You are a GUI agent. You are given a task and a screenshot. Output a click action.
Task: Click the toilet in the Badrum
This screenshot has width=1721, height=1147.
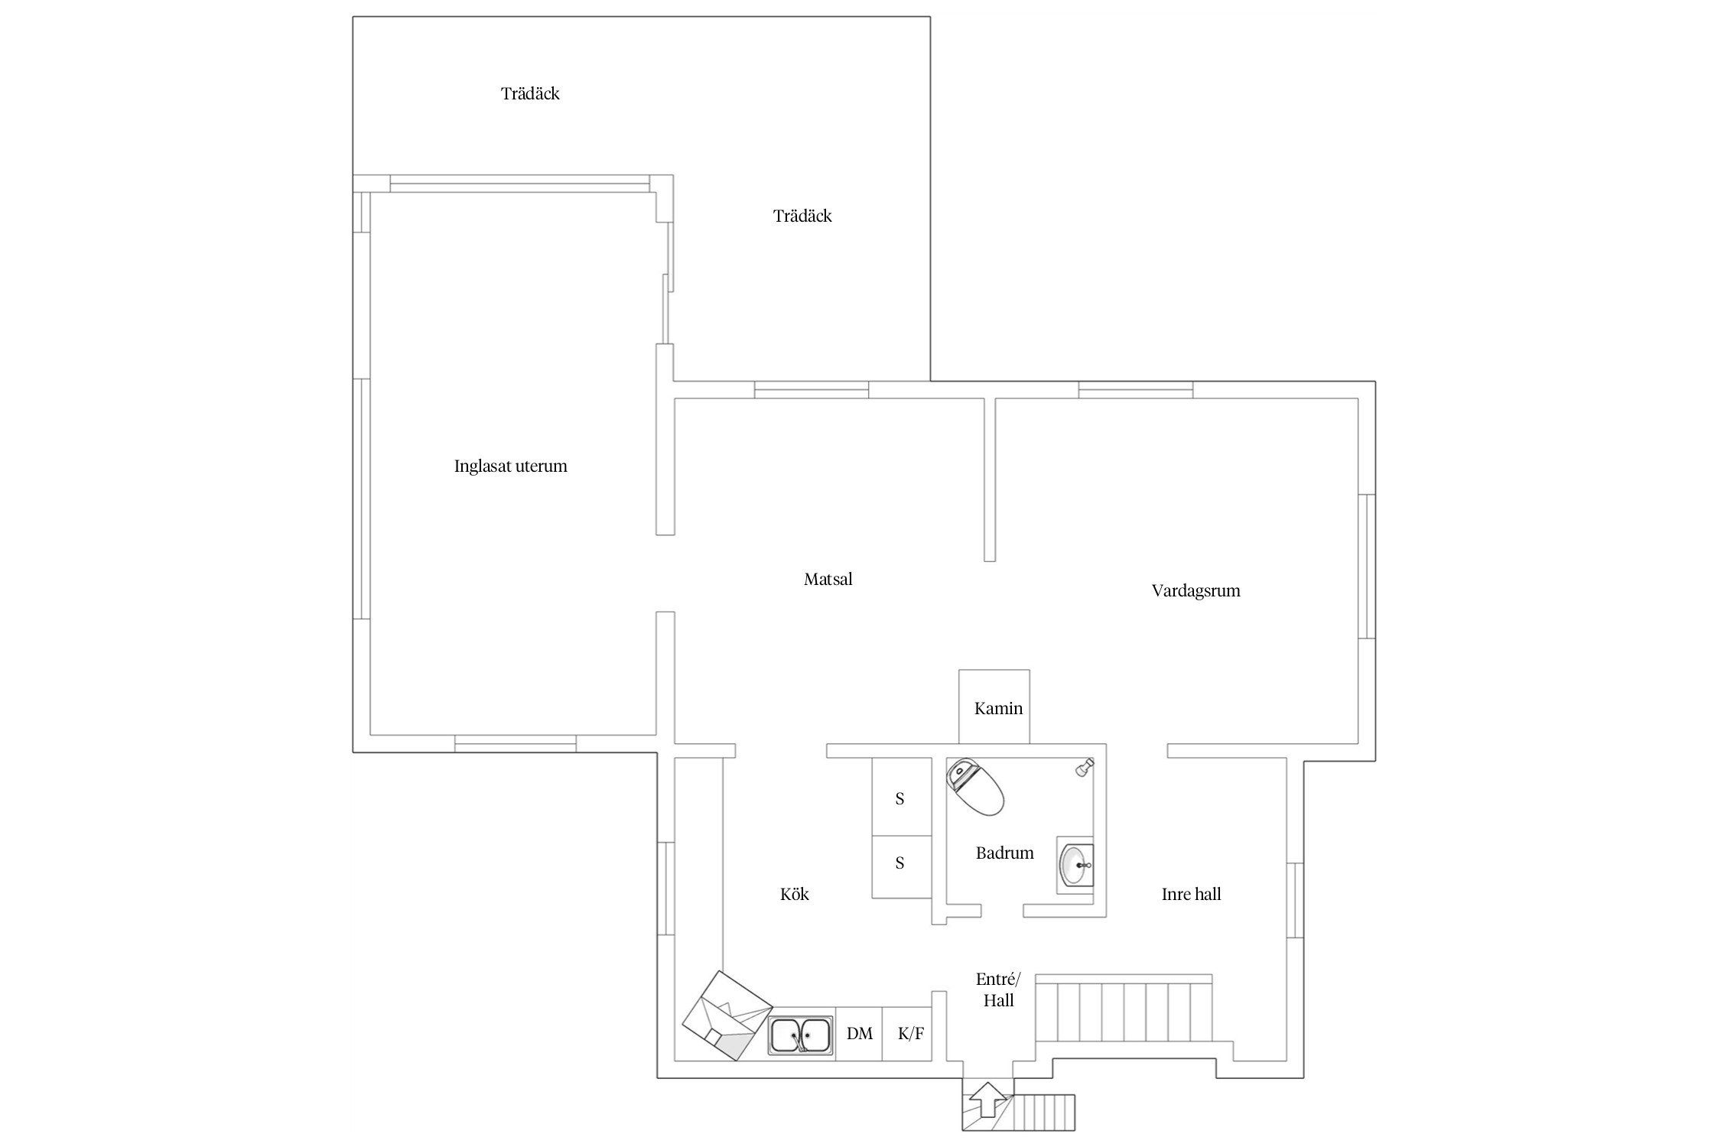(975, 787)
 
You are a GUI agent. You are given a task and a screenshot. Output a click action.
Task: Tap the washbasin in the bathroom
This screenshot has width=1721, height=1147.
(1075, 864)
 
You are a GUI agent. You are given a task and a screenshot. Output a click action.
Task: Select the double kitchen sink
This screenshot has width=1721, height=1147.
(802, 1035)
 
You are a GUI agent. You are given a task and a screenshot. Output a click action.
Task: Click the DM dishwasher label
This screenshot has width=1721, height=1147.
(860, 1034)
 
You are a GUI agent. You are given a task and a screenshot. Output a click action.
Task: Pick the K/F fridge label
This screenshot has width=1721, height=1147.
(910, 1034)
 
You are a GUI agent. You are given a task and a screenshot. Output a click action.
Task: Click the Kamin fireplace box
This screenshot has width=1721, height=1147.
(994, 707)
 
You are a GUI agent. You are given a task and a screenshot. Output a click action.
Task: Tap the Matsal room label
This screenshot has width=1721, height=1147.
(828, 580)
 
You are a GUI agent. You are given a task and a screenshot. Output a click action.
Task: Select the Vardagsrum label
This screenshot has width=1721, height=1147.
(1196, 591)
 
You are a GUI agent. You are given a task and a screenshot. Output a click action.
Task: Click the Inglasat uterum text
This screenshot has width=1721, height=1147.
(510, 466)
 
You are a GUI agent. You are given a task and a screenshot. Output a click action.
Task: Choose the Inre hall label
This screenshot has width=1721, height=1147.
(1191, 894)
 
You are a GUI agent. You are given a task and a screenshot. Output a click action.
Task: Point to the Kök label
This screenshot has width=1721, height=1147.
(794, 894)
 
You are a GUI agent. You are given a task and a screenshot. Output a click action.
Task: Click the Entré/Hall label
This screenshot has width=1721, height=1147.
(998, 989)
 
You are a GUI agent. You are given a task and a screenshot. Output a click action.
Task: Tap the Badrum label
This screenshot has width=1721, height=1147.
(1004, 853)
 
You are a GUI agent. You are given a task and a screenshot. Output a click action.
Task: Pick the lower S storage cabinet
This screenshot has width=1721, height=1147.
(902, 867)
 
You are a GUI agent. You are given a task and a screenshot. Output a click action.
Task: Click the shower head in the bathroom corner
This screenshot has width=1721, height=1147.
(1083, 768)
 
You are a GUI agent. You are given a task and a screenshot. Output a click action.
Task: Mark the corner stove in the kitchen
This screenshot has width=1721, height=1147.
(727, 1015)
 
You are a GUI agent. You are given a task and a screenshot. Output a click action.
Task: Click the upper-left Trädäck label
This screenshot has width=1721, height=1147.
(530, 93)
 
